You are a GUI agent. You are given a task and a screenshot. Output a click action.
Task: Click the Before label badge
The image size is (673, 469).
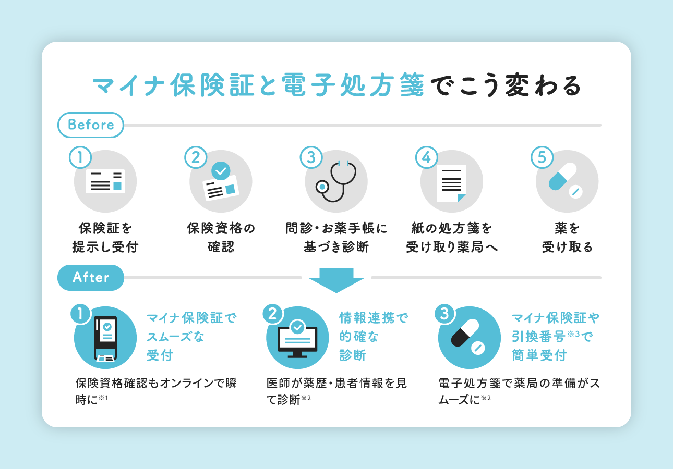(x=91, y=125)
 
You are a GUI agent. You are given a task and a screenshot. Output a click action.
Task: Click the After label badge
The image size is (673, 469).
(x=91, y=278)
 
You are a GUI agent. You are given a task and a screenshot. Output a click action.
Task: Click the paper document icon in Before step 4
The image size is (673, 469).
(x=451, y=183)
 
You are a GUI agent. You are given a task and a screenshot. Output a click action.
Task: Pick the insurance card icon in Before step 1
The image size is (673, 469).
(x=105, y=181)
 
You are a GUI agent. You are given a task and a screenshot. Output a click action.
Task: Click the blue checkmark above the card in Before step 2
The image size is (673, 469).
(x=221, y=170)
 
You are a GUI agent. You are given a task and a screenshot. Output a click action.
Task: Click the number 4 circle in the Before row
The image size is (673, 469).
(x=427, y=157)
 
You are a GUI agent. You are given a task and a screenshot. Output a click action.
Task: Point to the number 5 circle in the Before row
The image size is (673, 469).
(x=542, y=157)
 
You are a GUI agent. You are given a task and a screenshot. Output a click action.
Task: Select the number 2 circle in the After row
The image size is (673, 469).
(x=272, y=314)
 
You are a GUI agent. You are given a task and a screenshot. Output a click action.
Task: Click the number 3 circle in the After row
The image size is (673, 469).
(x=444, y=314)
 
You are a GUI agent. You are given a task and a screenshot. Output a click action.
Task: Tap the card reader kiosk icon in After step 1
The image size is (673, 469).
(x=105, y=339)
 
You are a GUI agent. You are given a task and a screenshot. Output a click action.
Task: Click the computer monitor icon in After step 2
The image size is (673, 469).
(x=297, y=339)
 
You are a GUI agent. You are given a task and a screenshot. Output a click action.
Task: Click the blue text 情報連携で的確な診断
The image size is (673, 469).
(x=373, y=337)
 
